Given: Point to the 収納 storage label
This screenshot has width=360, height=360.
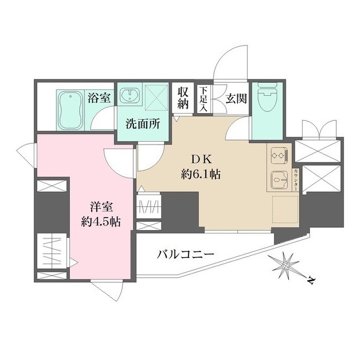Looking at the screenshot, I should tap(184, 98).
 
